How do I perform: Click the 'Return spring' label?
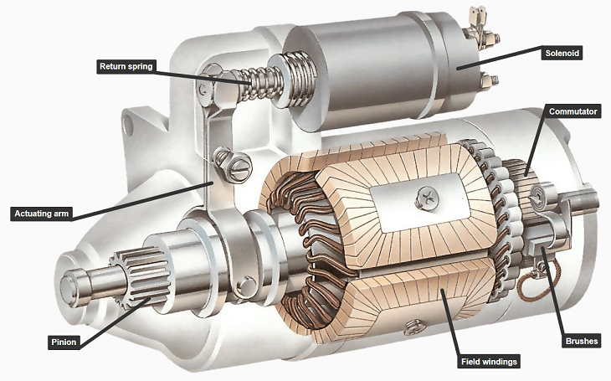tap(126, 66)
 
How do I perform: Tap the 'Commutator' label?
tap(572, 111)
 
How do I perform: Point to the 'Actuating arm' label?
tap(39, 214)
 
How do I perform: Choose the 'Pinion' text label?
tap(63, 342)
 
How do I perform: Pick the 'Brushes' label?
tap(583, 342)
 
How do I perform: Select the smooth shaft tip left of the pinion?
tap(80, 281)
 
